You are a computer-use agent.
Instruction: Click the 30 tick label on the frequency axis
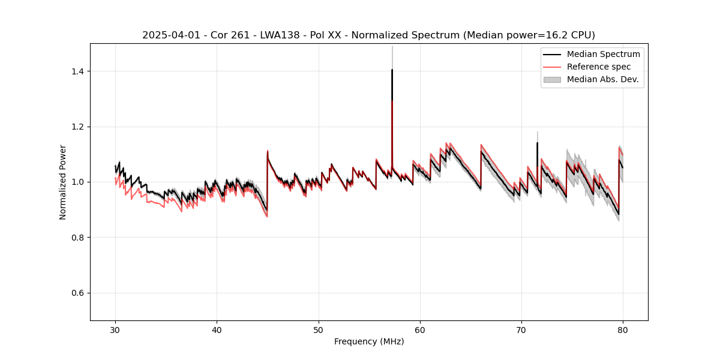(115, 329)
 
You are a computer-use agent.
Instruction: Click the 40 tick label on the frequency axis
(217, 329)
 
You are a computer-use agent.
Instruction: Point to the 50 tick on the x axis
(319, 329)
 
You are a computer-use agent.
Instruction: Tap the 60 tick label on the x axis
(420, 329)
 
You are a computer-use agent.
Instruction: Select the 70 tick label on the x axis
(521, 329)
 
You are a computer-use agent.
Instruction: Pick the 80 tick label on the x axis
(623, 329)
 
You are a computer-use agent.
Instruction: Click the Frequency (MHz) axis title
(369, 341)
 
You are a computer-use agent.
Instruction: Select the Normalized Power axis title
(63, 182)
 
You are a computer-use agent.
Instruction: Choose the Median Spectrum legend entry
(603, 54)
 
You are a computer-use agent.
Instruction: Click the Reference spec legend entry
(598, 67)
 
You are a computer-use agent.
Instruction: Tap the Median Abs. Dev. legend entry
(602, 79)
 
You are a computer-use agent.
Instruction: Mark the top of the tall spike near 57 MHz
(392, 70)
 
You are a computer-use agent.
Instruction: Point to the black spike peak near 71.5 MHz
(537, 143)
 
